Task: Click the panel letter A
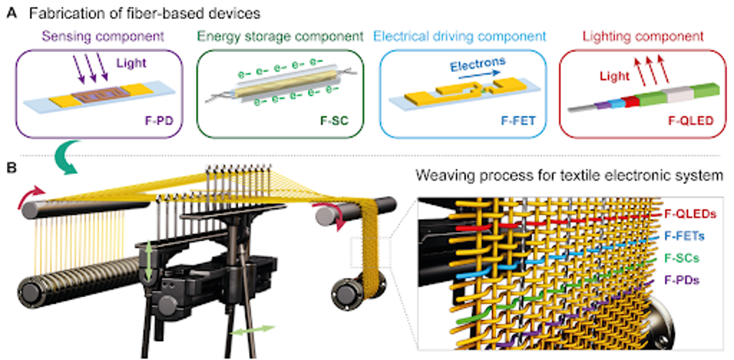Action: click(x=9, y=12)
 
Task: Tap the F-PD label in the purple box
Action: click(x=158, y=120)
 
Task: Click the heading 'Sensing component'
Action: click(x=98, y=35)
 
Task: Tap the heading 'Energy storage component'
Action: click(x=279, y=35)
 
